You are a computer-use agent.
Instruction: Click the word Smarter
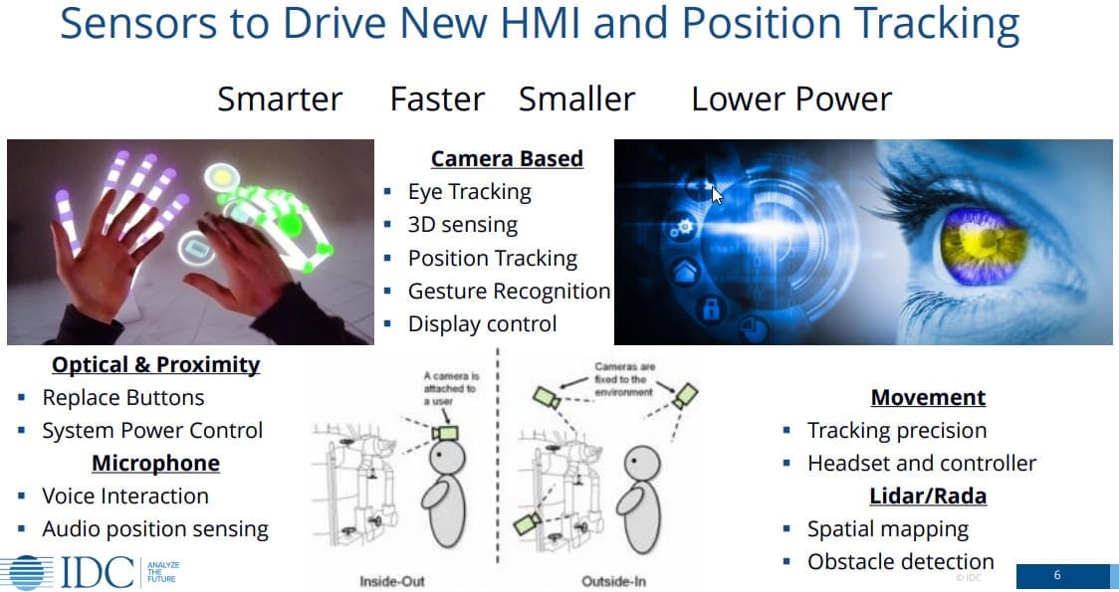pyautogui.click(x=280, y=99)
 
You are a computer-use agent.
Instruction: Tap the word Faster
pyautogui.click(x=437, y=99)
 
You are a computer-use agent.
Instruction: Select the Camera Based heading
pyautogui.click(x=507, y=158)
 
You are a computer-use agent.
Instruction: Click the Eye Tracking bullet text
pyautogui.click(x=470, y=192)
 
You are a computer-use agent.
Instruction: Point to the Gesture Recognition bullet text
pyautogui.click(x=509, y=291)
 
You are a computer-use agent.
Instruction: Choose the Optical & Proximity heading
pyautogui.click(x=155, y=364)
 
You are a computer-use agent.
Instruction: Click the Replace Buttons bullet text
pyautogui.click(x=123, y=397)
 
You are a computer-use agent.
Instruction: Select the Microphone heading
pyautogui.click(x=155, y=463)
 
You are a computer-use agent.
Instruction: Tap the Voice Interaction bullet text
pyautogui.click(x=125, y=495)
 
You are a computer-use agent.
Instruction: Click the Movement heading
pyautogui.click(x=928, y=397)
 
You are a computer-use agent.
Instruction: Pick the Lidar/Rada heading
pyautogui.click(x=928, y=495)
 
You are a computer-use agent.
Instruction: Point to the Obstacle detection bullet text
pyautogui.click(x=901, y=561)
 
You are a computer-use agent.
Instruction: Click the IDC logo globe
pyautogui.click(x=27, y=573)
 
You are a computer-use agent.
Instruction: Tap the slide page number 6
pyautogui.click(x=1057, y=575)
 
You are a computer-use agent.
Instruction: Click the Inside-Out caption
pyautogui.click(x=392, y=581)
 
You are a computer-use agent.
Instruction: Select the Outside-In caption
pyautogui.click(x=613, y=581)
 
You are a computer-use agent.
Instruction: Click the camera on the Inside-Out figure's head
pyautogui.click(x=446, y=432)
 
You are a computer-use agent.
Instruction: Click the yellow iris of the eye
pyautogui.click(x=984, y=244)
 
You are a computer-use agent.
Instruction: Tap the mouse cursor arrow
pyautogui.click(x=717, y=195)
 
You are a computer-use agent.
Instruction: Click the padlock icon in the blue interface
pyautogui.click(x=712, y=308)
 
